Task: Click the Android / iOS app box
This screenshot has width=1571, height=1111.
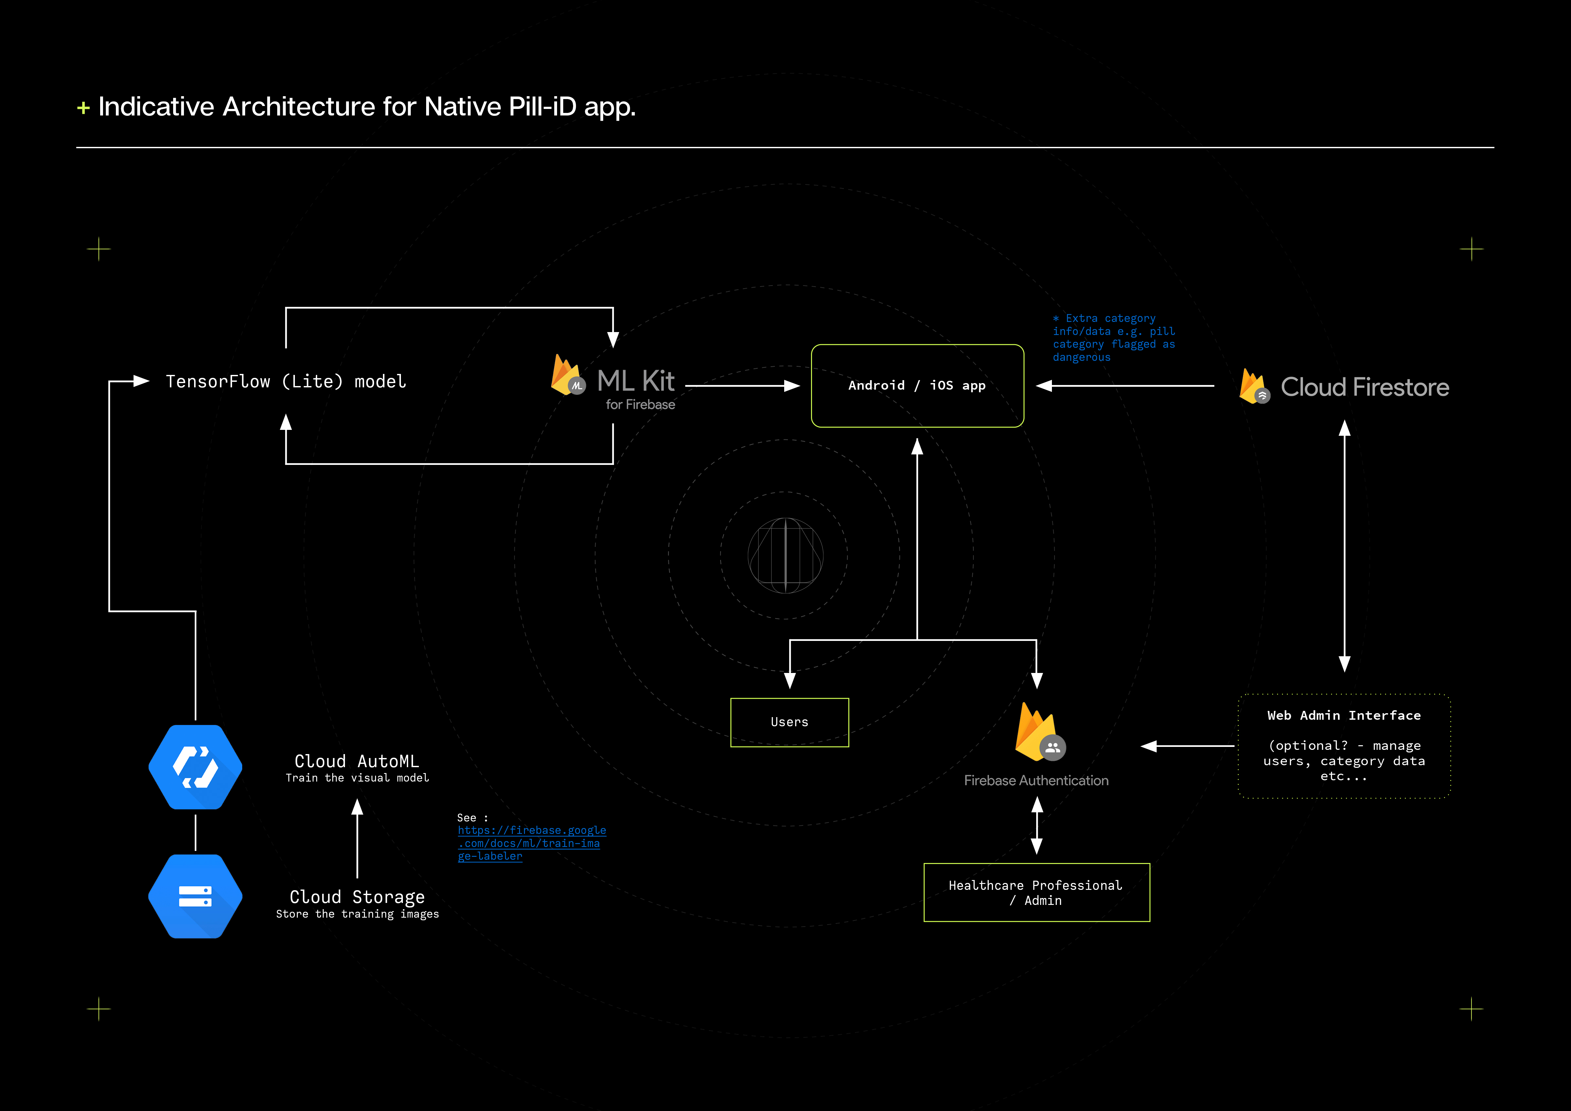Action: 917,386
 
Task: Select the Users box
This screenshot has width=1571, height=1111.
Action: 790,722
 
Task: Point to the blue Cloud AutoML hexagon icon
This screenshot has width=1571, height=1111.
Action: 196,767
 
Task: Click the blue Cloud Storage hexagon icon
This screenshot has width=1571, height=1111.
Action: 196,896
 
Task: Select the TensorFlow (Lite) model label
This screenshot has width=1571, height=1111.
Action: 286,382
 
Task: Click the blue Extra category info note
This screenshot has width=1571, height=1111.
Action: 1113,338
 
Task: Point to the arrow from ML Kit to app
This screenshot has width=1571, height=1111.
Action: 742,386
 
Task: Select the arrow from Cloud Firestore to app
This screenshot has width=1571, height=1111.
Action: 1126,386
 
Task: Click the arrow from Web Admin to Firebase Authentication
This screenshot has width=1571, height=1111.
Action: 1187,746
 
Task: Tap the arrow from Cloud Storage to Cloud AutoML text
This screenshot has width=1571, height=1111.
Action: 357,838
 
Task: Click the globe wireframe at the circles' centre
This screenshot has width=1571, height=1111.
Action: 785,555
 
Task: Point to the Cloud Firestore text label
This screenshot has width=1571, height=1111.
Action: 1364,387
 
